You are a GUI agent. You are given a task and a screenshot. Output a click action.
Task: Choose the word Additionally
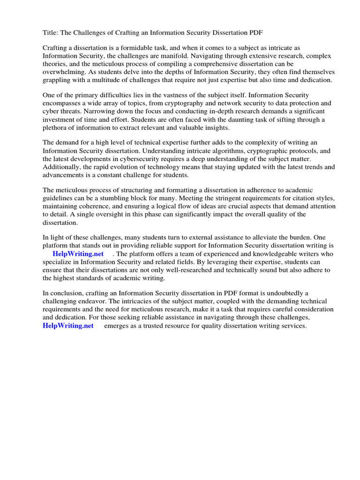(x=62, y=167)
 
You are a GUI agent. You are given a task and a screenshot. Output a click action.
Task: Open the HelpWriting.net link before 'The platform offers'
(x=78, y=254)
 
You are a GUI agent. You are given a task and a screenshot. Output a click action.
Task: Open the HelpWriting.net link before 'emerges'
(x=68, y=325)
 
